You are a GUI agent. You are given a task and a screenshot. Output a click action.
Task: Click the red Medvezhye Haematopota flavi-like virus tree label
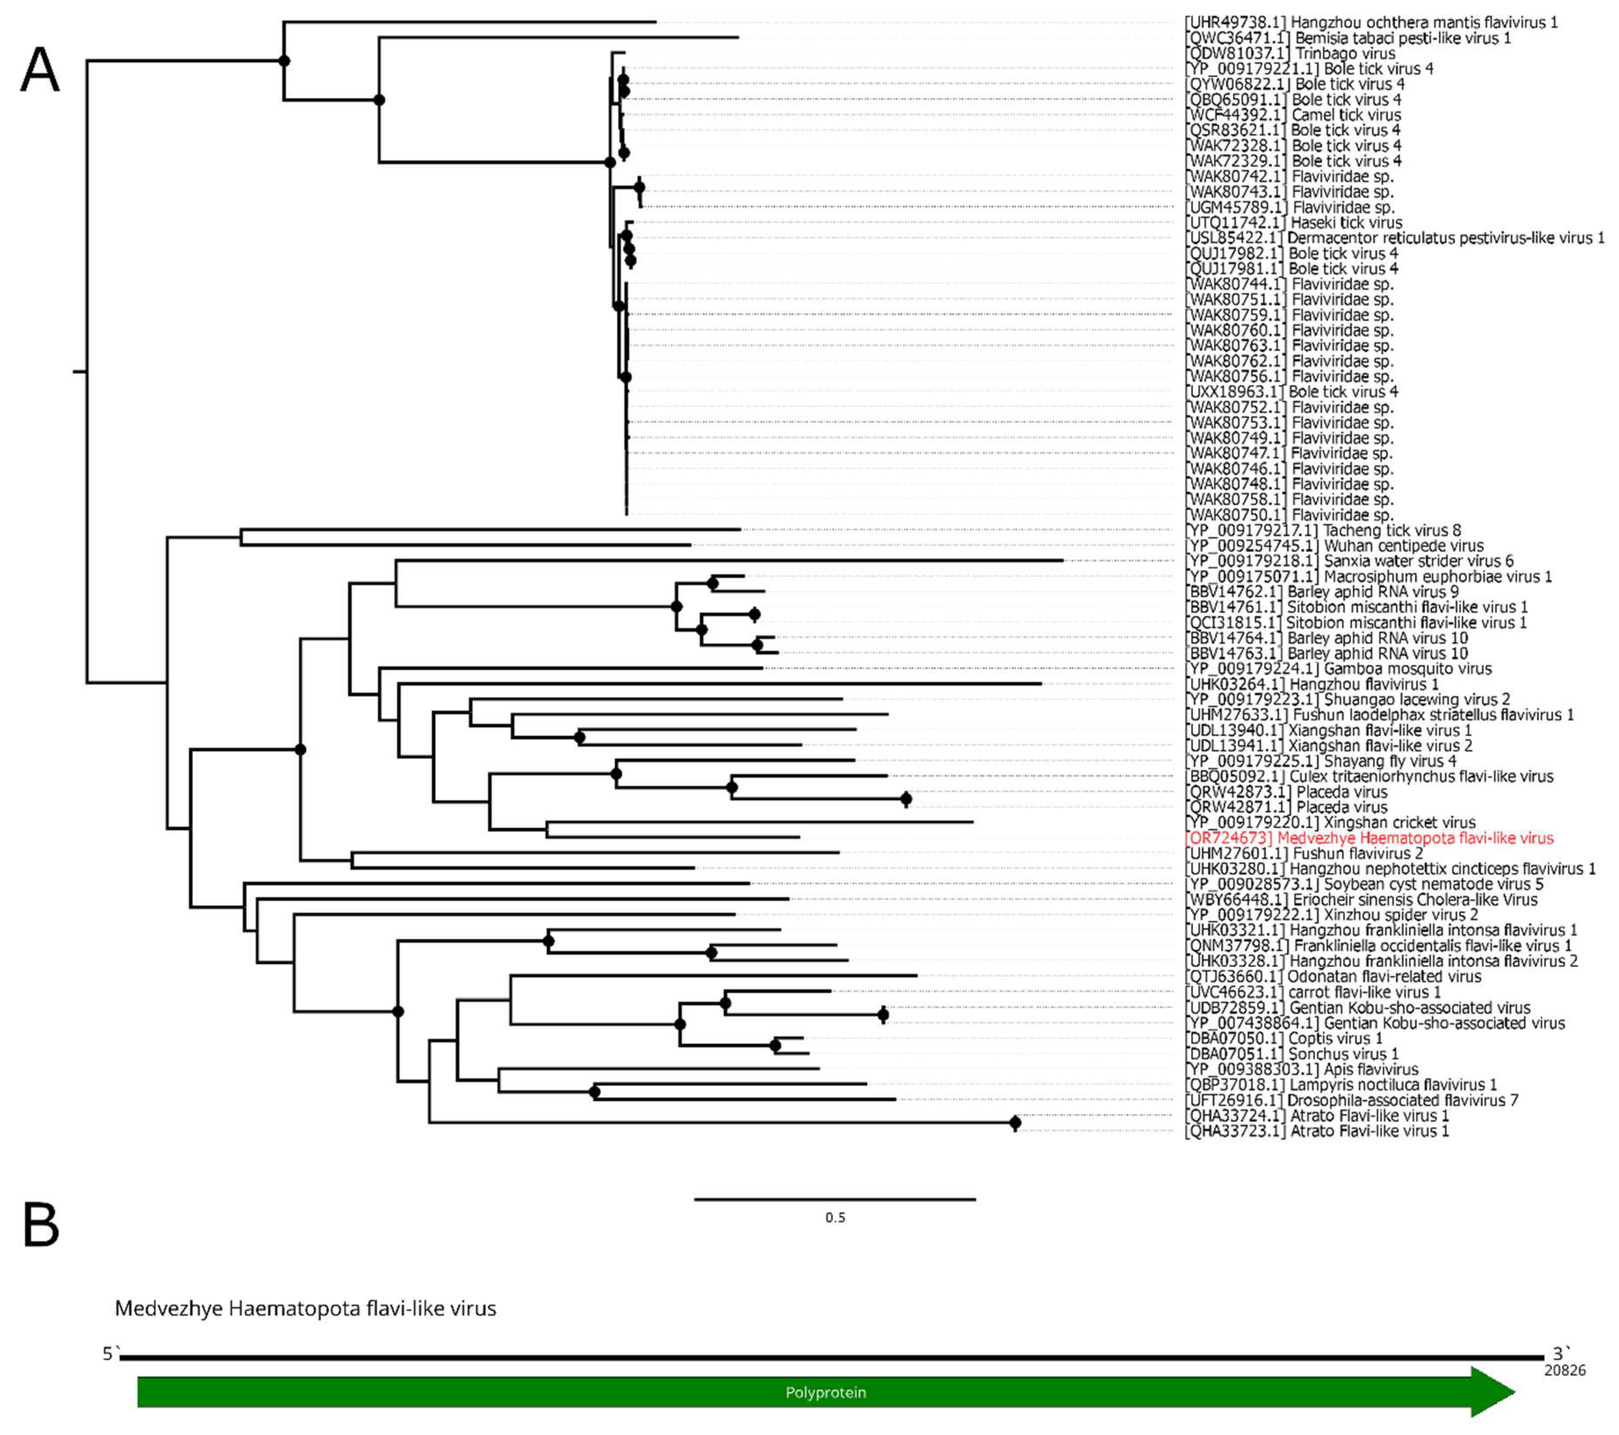[1369, 838]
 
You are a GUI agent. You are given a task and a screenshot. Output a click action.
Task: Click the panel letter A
[40, 70]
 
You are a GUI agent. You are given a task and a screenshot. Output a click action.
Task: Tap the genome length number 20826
[1565, 1370]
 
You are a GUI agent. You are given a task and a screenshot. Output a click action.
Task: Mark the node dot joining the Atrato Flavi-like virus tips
[1015, 1123]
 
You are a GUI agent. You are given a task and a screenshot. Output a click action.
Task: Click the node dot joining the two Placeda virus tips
[907, 799]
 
